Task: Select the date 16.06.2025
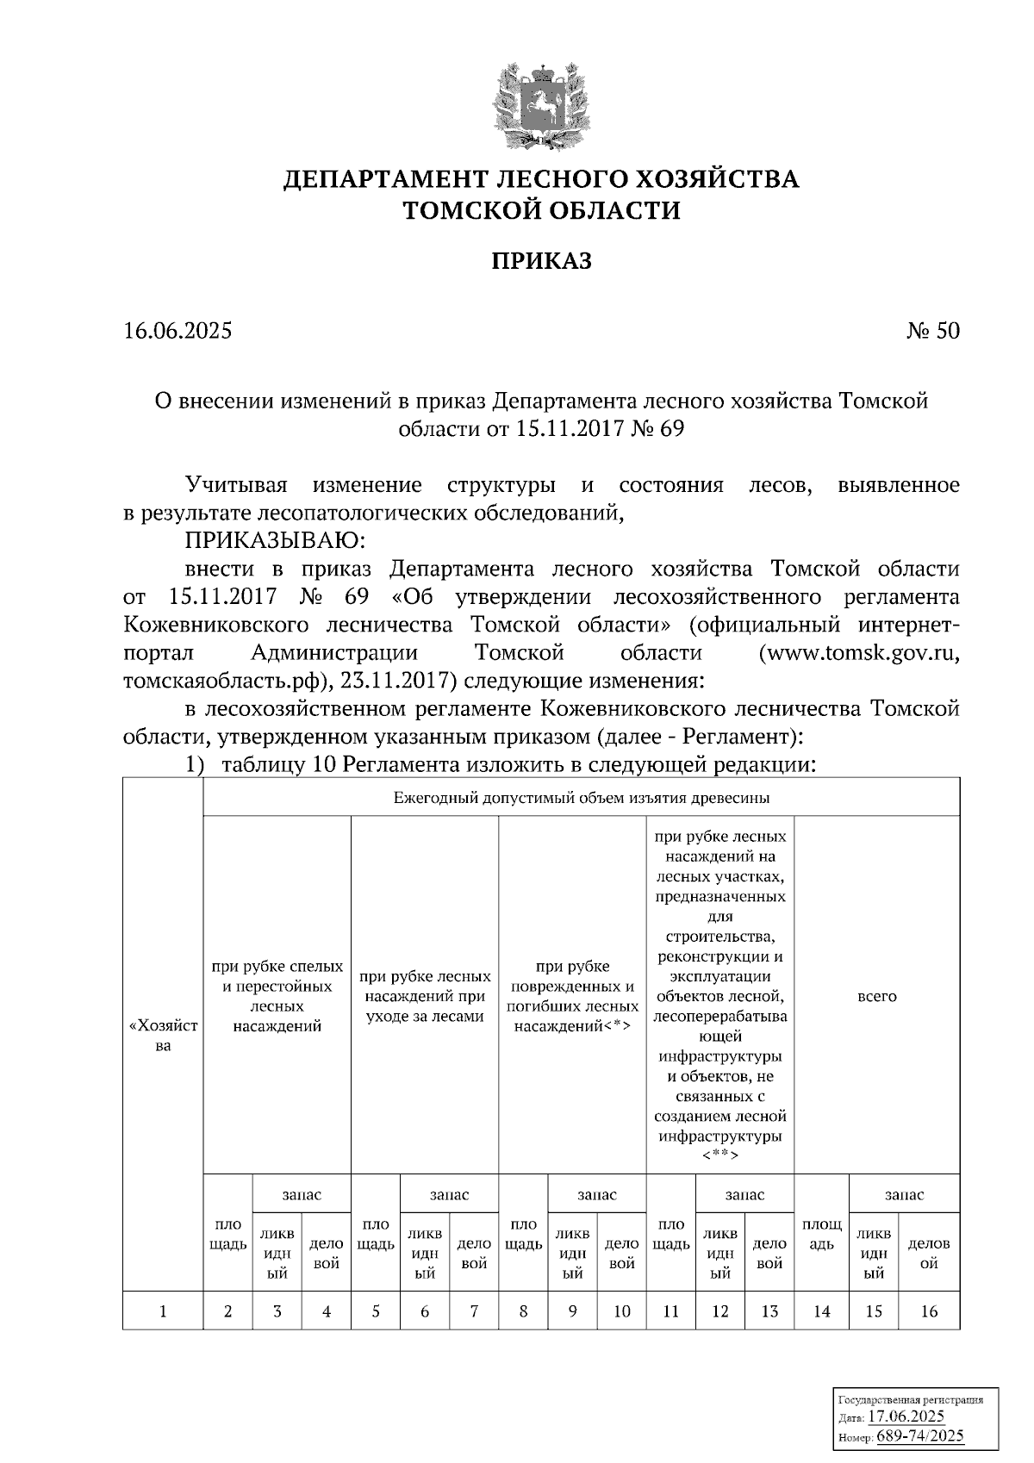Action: [178, 331]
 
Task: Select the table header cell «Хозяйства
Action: [163, 1036]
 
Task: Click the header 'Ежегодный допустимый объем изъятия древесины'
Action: [582, 798]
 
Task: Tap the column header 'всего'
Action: [877, 996]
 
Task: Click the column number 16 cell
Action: [929, 1311]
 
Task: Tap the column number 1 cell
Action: [163, 1311]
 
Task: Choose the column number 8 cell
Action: [523, 1311]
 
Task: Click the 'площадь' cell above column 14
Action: [822, 1234]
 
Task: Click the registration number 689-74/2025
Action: [919, 1436]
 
